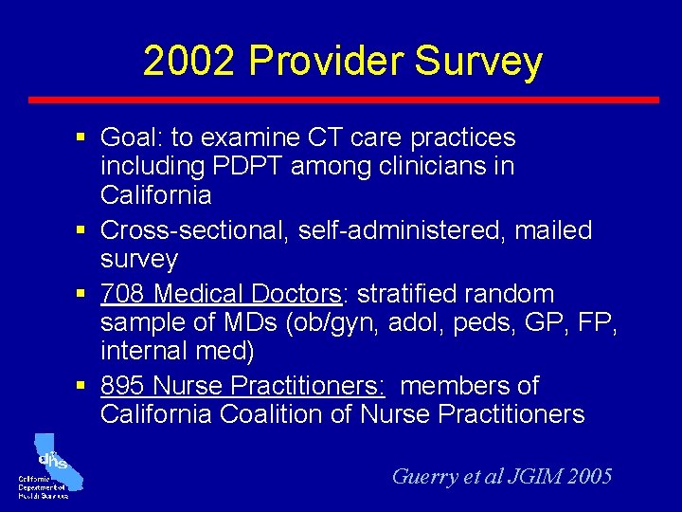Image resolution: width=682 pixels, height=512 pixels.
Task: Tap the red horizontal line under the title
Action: click(x=343, y=100)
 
